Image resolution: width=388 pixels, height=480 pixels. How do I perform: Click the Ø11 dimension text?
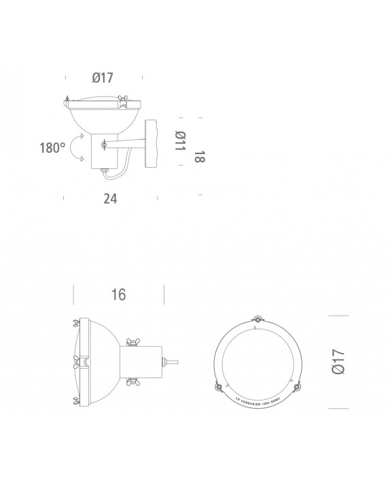[x=180, y=143]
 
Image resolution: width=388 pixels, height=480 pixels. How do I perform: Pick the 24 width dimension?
[x=109, y=198]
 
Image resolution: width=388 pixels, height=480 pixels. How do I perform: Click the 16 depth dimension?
[x=118, y=295]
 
